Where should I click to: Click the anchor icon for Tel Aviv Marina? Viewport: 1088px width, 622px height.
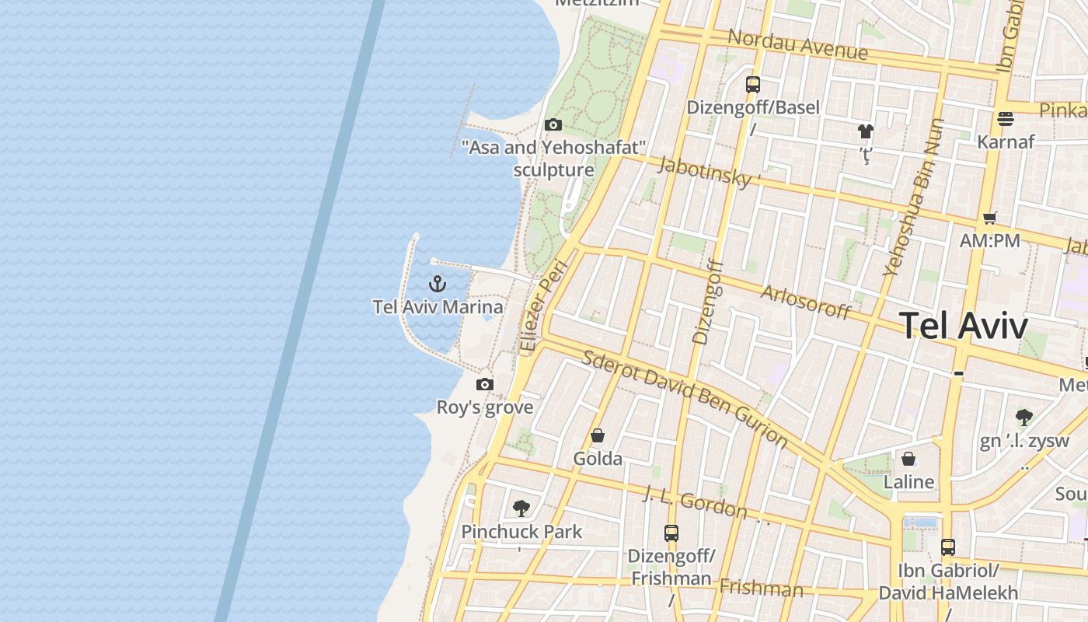click(438, 284)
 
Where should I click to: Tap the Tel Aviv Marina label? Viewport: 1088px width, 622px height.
click(438, 307)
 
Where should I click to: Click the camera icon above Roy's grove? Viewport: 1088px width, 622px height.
click(485, 384)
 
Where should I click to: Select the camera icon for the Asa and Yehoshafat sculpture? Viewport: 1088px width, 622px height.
click(553, 124)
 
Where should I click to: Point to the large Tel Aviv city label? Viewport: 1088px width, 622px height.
click(964, 326)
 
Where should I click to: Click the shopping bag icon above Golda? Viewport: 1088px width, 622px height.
click(598, 435)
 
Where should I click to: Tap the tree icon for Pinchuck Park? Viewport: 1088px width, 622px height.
click(521, 508)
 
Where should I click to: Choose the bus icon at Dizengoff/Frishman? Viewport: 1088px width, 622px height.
click(671, 533)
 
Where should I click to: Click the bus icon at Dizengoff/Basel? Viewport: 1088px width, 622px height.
click(752, 85)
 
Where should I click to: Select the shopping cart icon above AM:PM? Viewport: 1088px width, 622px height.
click(989, 218)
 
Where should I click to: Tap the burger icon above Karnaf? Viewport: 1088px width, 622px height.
click(1006, 119)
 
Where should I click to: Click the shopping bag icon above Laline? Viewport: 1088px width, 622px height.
click(908, 459)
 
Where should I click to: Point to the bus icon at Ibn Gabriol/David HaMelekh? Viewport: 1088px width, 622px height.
click(947, 547)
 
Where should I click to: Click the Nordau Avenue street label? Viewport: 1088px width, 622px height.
click(797, 45)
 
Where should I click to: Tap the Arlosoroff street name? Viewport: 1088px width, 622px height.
click(806, 302)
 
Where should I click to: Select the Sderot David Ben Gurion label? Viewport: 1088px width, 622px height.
click(685, 398)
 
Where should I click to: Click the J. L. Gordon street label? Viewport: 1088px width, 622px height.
click(696, 501)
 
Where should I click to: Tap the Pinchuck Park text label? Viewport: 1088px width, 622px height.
click(521, 532)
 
